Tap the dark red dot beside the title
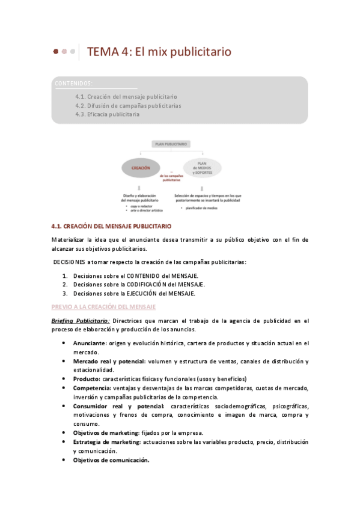tap(56, 52)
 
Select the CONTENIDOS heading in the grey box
tap(73, 83)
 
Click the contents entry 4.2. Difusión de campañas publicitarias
tap(128, 105)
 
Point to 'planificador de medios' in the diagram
tap(201, 207)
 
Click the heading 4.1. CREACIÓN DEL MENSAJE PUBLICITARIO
tap(112, 226)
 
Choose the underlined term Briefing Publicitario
tap(81, 321)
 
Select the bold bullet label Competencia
tap(92, 388)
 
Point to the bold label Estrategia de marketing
tap(106, 441)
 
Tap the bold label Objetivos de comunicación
tap(111, 460)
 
